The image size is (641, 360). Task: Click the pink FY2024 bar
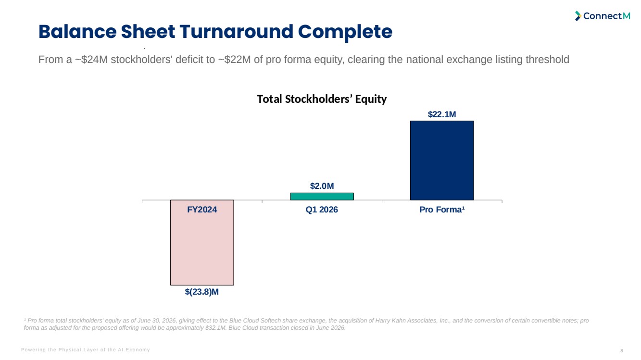coord(202,242)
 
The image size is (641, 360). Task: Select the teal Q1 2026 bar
coord(322,197)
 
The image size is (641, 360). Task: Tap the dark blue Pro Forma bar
coord(442,161)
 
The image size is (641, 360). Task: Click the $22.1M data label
coord(442,114)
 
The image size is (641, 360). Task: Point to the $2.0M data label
coord(322,186)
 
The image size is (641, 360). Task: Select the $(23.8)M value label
coord(202,292)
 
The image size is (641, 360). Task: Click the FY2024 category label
coord(202,210)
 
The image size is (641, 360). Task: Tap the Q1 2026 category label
coord(322,210)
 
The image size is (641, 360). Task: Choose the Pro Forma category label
coord(442,210)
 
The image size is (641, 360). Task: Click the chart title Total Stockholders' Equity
coord(322,99)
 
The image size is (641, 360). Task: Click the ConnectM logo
coord(603,16)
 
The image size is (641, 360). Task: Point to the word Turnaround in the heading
coord(237,31)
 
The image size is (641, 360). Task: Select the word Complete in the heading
coord(345,32)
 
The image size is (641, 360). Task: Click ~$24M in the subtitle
coord(91,60)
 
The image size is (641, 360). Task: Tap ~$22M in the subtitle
coord(234,60)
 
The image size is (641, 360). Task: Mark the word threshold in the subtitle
coord(547,60)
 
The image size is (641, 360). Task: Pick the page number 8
coord(622,350)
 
